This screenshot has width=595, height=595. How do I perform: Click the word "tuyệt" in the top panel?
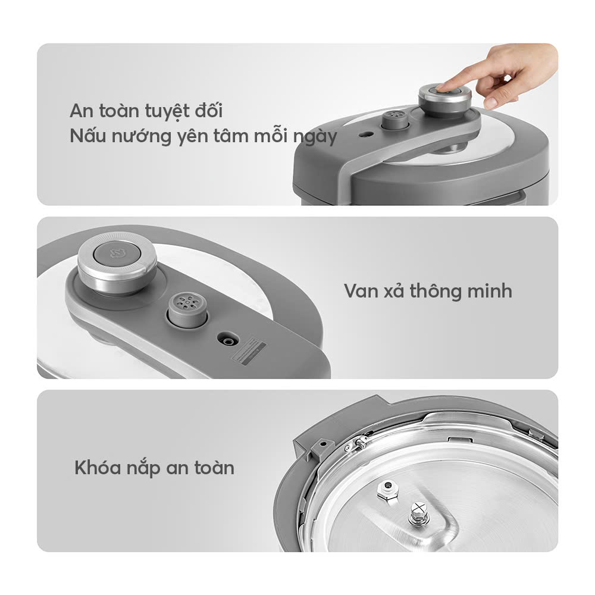tap(167, 112)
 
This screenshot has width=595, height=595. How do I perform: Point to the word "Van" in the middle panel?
tap(361, 292)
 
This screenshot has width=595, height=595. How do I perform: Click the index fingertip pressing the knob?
tap(441, 87)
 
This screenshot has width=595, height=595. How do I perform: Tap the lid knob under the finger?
tap(444, 100)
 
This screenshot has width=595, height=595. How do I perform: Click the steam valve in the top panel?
tap(394, 120)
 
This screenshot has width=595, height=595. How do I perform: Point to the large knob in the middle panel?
tap(117, 262)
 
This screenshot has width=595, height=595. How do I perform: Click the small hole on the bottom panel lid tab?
tap(323, 443)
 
